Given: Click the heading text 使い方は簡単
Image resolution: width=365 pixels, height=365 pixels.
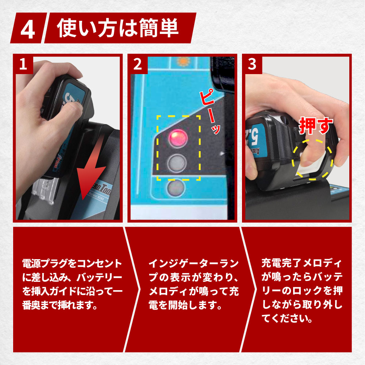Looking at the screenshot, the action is point(118,28).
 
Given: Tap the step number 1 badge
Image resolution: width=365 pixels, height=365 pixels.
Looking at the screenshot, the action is point(23,64).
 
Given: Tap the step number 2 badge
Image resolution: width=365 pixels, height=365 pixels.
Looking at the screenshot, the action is point(138,64).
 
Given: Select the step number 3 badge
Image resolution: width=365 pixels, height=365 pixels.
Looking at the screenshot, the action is point(252,64).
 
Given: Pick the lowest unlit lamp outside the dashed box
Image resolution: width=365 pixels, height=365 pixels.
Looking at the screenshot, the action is point(176,188).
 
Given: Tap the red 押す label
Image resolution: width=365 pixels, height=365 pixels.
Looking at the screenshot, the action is point(316,126).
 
